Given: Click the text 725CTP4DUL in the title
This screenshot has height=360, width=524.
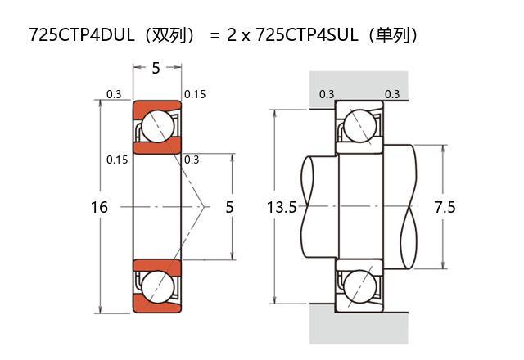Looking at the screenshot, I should [78, 35].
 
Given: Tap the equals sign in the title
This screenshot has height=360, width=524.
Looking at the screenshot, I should [215, 36].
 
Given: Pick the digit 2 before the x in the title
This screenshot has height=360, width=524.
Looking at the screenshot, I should [233, 35].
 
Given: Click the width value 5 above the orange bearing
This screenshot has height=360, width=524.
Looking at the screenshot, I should [156, 69].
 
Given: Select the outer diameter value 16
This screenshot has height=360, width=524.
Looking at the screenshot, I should [99, 208].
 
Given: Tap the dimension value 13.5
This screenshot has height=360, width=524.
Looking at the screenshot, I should [282, 208].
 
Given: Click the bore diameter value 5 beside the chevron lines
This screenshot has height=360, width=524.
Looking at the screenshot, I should [229, 208].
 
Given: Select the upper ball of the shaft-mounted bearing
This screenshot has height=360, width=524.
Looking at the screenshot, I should [359, 126].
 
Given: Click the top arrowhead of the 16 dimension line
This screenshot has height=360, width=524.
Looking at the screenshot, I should [100, 104].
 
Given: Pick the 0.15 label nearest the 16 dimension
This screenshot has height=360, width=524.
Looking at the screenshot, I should [117, 160].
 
